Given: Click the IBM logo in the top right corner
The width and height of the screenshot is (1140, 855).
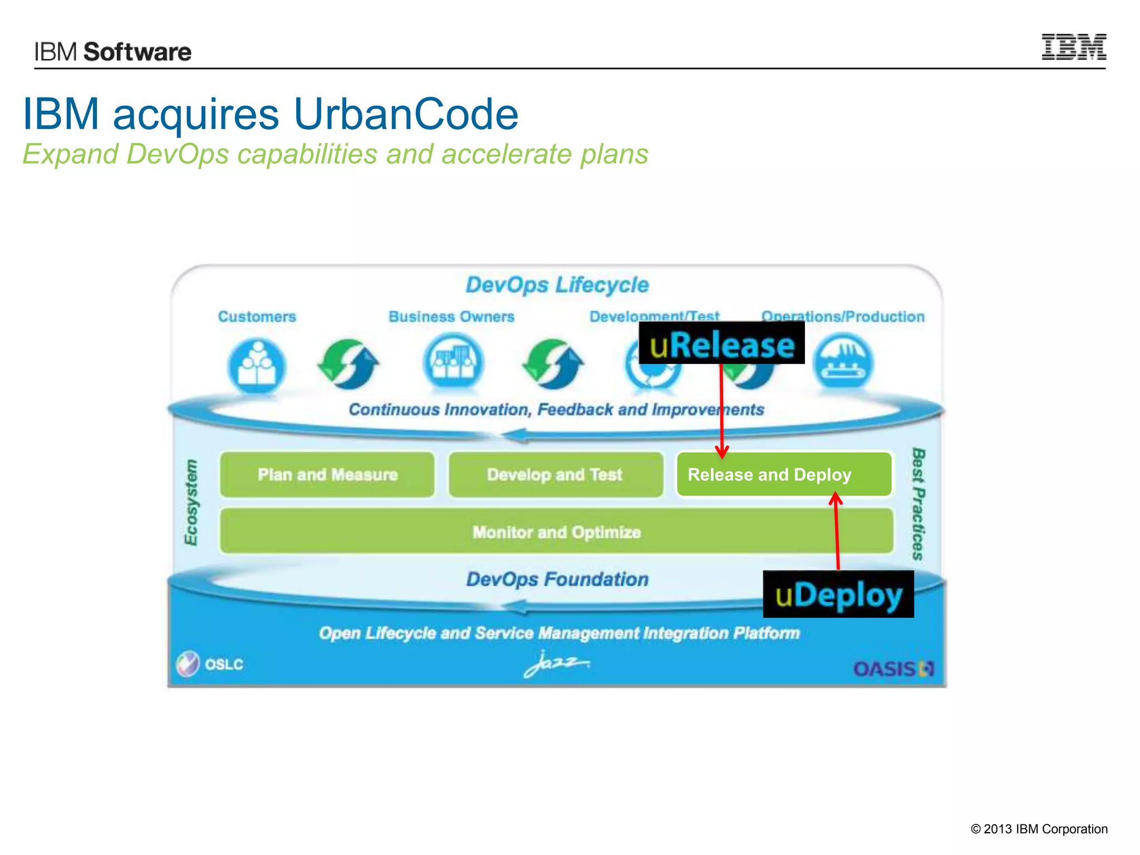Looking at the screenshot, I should pyautogui.click(x=1073, y=47).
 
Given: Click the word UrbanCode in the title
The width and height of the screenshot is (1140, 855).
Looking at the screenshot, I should pyautogui.click(x=406, y=114).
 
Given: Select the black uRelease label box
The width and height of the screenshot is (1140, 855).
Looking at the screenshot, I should pyautogui.click(x=721, y=343).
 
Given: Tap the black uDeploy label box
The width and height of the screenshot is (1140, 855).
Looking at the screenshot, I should pyautogui.click(x=838, y=594).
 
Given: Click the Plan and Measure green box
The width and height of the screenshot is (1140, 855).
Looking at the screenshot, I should pyautogui.click(x=327, y=475).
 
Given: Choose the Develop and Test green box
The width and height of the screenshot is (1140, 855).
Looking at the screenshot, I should pyautogui.click(x=556, y=475).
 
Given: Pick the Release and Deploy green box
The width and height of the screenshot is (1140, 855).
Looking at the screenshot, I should pyautogui.click(x=784, y=475).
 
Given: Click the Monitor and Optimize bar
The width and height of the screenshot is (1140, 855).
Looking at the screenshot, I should pyautogui.click(x=557, y=532).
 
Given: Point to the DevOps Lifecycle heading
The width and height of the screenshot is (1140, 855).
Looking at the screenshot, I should pyautogui.click(x=557, y=285).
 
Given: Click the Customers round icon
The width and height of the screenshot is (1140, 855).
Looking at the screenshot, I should pyautogui.click(x=257, y=366).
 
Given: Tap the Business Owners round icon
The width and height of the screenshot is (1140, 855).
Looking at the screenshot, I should pyautogui.click(x=453, y=363).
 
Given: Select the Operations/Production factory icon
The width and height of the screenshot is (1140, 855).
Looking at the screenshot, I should pyautogui.click(x=843, y=363).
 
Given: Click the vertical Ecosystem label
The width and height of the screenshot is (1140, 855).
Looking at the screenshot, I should pyautogui.click(x=191, y=502).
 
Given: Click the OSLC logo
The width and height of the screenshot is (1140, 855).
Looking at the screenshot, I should pyautogui.click(x=210, y=664).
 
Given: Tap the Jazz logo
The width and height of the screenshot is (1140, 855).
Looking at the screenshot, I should pyautogui.click(x=556, y=664).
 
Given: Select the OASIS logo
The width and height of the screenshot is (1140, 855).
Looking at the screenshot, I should pyautogui.click(x=893, y=669).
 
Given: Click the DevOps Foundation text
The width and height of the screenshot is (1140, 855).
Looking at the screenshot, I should pyautogui.click(x=557, y=579).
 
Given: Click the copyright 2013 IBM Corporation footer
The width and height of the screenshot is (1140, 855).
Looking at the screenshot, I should pyautogui.click(x=1039, y=829).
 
